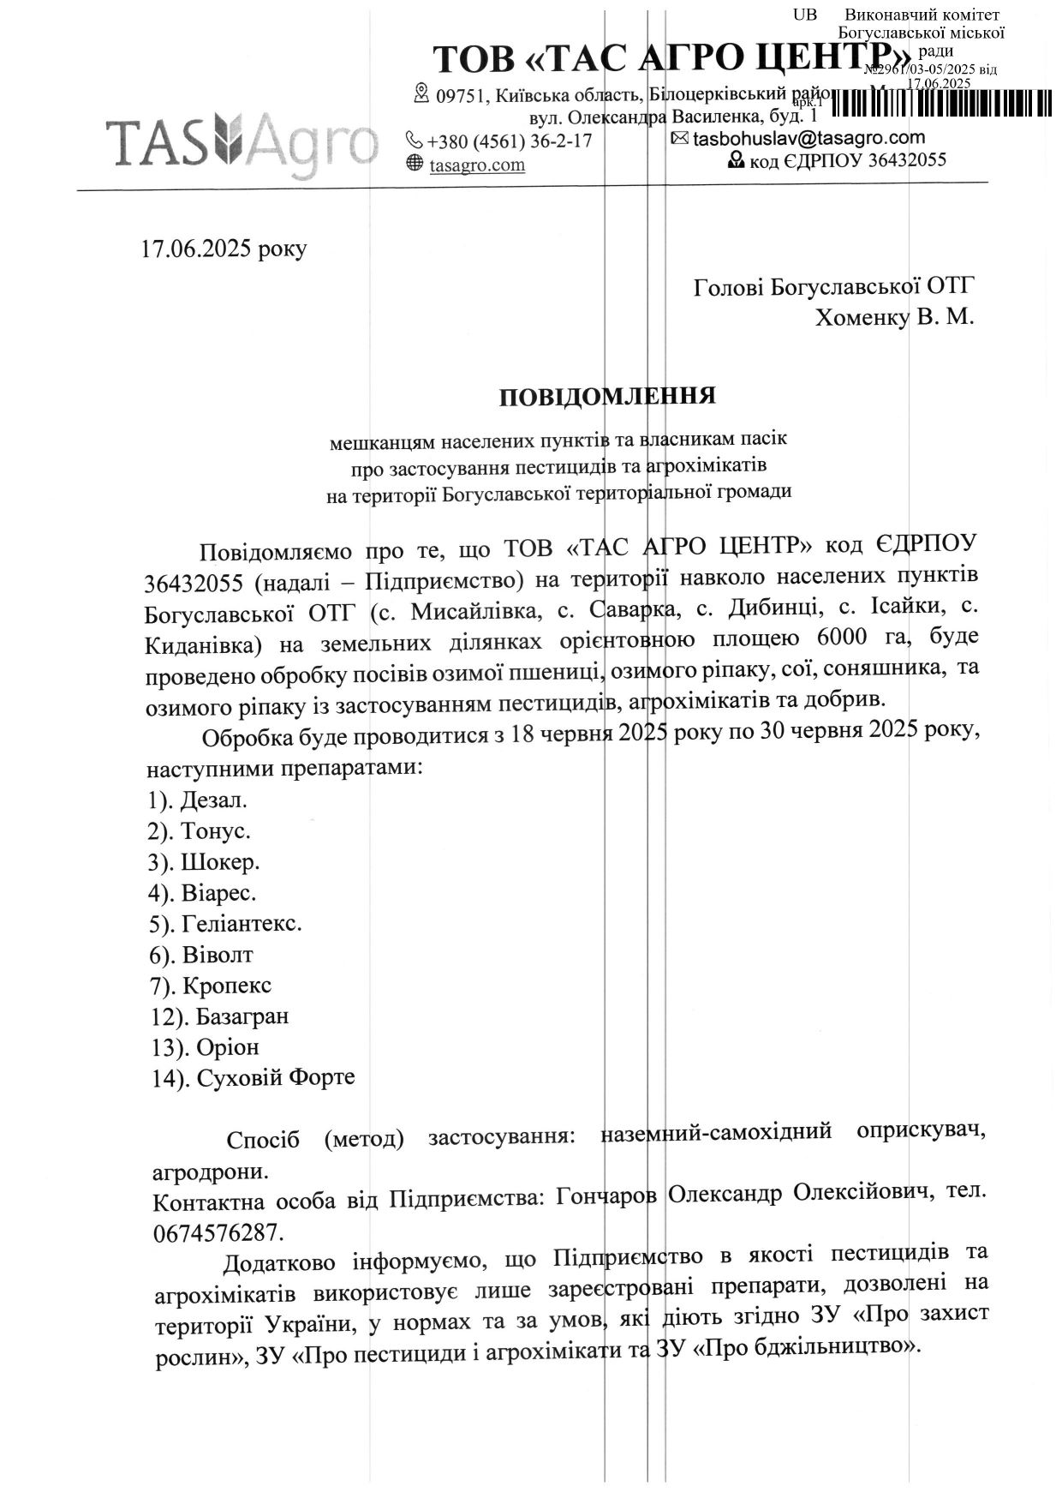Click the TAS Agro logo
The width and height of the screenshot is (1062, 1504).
coord(242,141)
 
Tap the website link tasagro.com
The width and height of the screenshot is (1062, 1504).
coord(477,165)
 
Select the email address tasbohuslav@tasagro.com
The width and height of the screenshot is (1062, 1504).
coord(808,138)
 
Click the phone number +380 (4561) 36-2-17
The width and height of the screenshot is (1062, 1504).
coord(509,141)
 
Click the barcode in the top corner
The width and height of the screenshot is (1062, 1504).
coord(941,102)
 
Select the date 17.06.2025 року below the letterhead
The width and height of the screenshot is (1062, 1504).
coord(224,249)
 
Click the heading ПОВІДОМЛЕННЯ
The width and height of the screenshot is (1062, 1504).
coord(607,396)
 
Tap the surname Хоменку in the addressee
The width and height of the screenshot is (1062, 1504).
coord(862,317)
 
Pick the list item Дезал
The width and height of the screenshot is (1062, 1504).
coord(213,800)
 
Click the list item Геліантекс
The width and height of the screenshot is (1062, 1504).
coord(242,924)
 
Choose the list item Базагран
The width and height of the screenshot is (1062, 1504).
coord(242,1016)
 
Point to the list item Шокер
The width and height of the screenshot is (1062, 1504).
coord(220,862)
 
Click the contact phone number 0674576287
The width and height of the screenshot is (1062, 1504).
coord(217,1233)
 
